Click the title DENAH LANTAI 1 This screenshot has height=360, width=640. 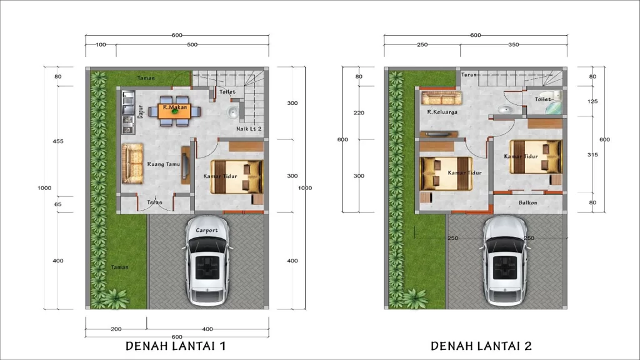pyautogui.click(x=176, y=346)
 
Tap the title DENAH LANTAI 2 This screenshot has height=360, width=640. pyautogui.click(x=482, y=346)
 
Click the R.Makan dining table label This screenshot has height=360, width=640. pyautogui.click(x=175, y=107)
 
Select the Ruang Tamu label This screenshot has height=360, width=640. pyautogui.click(x=164, y=164)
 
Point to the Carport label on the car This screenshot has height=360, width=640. pyautogui.click(x=207, y=230)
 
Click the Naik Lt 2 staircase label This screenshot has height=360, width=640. pyautogui.click(x=249, y=129)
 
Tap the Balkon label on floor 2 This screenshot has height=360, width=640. pyautogui.click(x=528, y=202)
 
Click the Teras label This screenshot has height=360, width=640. pyautogui.click(x=154, y=202)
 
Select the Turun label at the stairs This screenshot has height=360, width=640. pyautogui.click(x=469, y=75)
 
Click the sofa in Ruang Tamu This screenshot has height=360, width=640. pyautogui.click(x=132, y=163)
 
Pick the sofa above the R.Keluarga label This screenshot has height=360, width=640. pyautogui.click(x=441, y=97)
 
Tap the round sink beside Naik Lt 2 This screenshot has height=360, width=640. pyautogui.click(x=232, y=113)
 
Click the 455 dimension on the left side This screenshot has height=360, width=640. pyautogui.click(x=58, y=141)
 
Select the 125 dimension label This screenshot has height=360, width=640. pyautogui.click(x=592, y=101)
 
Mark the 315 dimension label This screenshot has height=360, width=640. pyautogui.click(x=592, y=154)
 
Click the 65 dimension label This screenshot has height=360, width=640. pyautogui.click(x=58, y=204)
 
